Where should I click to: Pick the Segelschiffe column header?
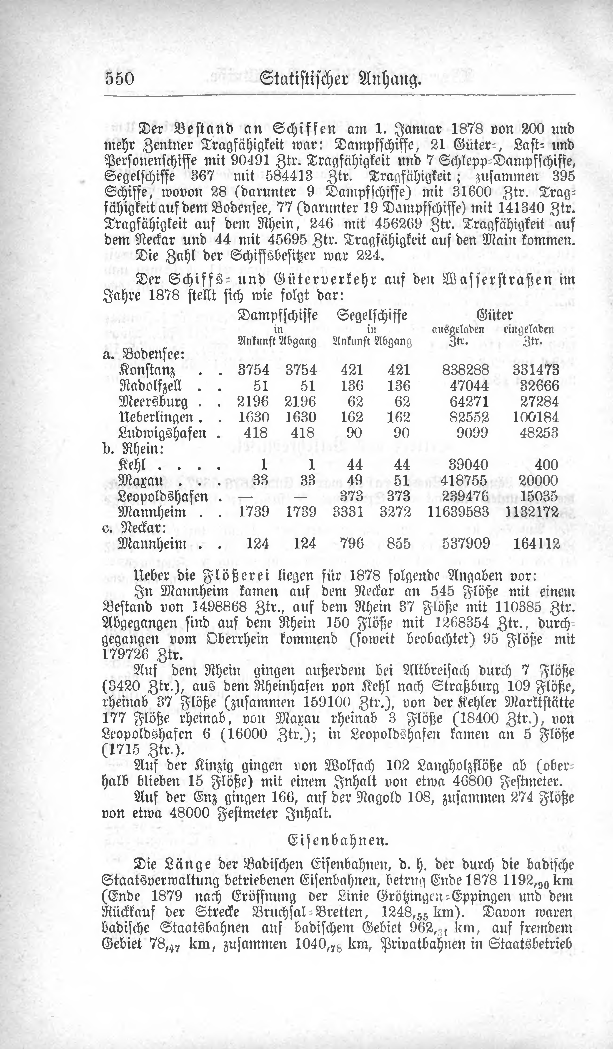(x=372, y=315)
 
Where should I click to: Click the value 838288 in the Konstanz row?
(x=465, y=370)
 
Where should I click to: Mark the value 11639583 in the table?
(x=458, y=512)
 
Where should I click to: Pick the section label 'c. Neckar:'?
(x=134, y=528)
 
